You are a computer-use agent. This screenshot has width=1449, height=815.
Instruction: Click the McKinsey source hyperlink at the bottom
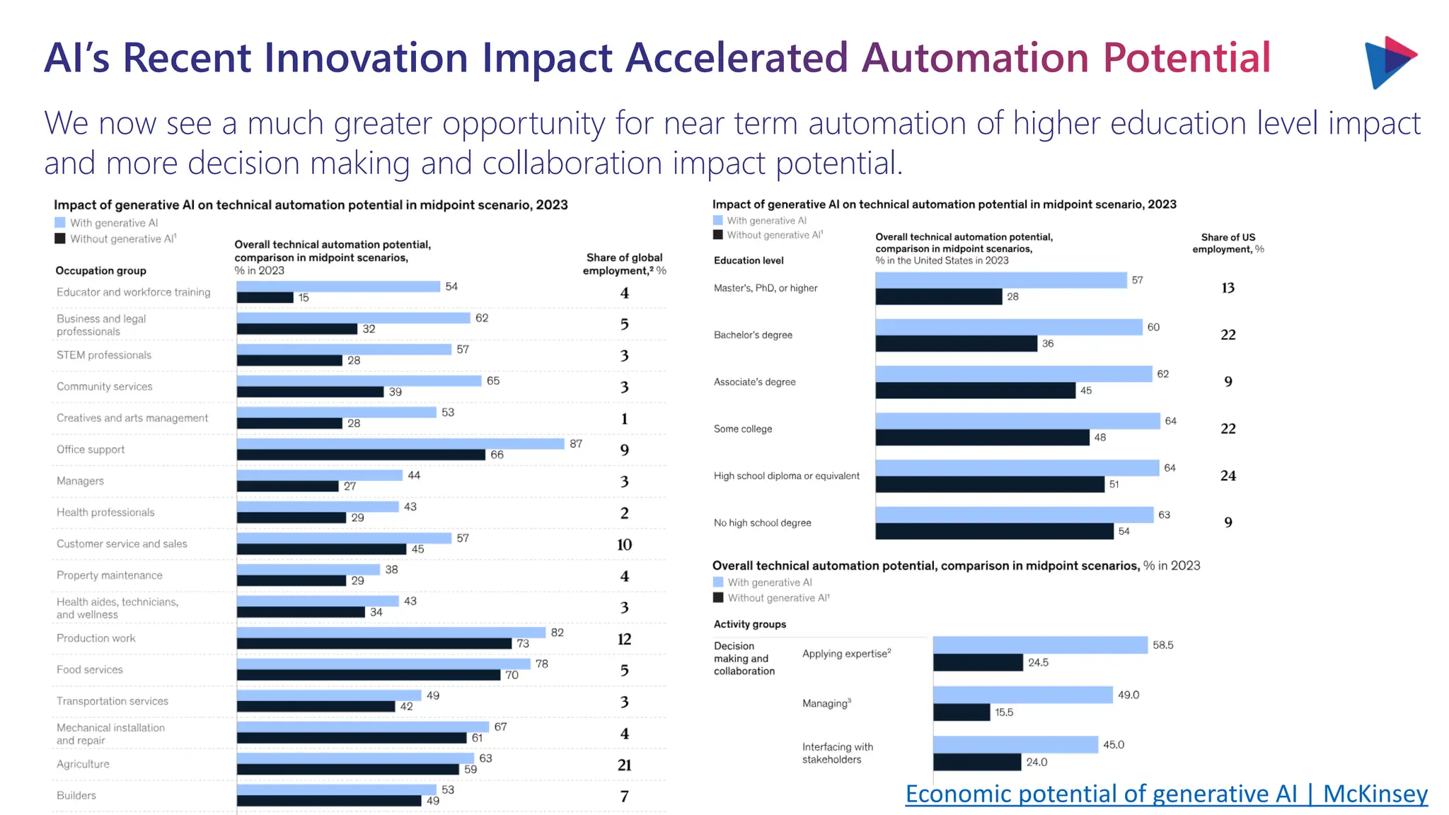pos(1166,794)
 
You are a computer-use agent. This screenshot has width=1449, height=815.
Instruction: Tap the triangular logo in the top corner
pos(1389,62)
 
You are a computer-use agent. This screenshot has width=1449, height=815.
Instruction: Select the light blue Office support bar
pos(400,444)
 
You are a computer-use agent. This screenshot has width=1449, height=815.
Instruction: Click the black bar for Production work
pos(374,644)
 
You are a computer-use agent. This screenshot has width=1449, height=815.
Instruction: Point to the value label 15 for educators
pos(304,298)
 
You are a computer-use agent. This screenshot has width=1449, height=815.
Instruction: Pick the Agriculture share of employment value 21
pos(624,765)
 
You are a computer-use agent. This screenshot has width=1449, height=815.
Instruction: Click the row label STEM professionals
pos(104,355)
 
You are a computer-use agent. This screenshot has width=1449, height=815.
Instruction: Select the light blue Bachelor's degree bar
pos(1008,327)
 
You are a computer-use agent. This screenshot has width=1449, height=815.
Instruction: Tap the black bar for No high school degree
pos(994,531)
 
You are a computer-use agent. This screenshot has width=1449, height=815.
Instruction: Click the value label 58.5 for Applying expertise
pos(1162,645)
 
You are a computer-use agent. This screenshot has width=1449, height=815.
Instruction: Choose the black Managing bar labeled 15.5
pos(961,712)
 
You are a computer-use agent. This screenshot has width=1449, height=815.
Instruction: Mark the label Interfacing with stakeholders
pos(837,753)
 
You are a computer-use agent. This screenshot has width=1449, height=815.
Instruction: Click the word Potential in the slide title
pos(1187,58)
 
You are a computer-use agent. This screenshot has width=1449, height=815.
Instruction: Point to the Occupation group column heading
pos(100,270)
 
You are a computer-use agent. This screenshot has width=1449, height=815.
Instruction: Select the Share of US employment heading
pos(1228,243)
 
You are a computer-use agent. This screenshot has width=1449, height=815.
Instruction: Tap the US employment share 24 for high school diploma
pos(1228,476)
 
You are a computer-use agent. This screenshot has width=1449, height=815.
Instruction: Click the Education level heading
pos(749,260)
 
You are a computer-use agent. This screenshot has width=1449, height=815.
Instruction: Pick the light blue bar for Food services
pos(383,664)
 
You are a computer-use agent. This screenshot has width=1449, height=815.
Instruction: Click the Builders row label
pos(76,795)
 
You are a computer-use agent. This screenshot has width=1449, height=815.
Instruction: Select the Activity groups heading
pos(749,624)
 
